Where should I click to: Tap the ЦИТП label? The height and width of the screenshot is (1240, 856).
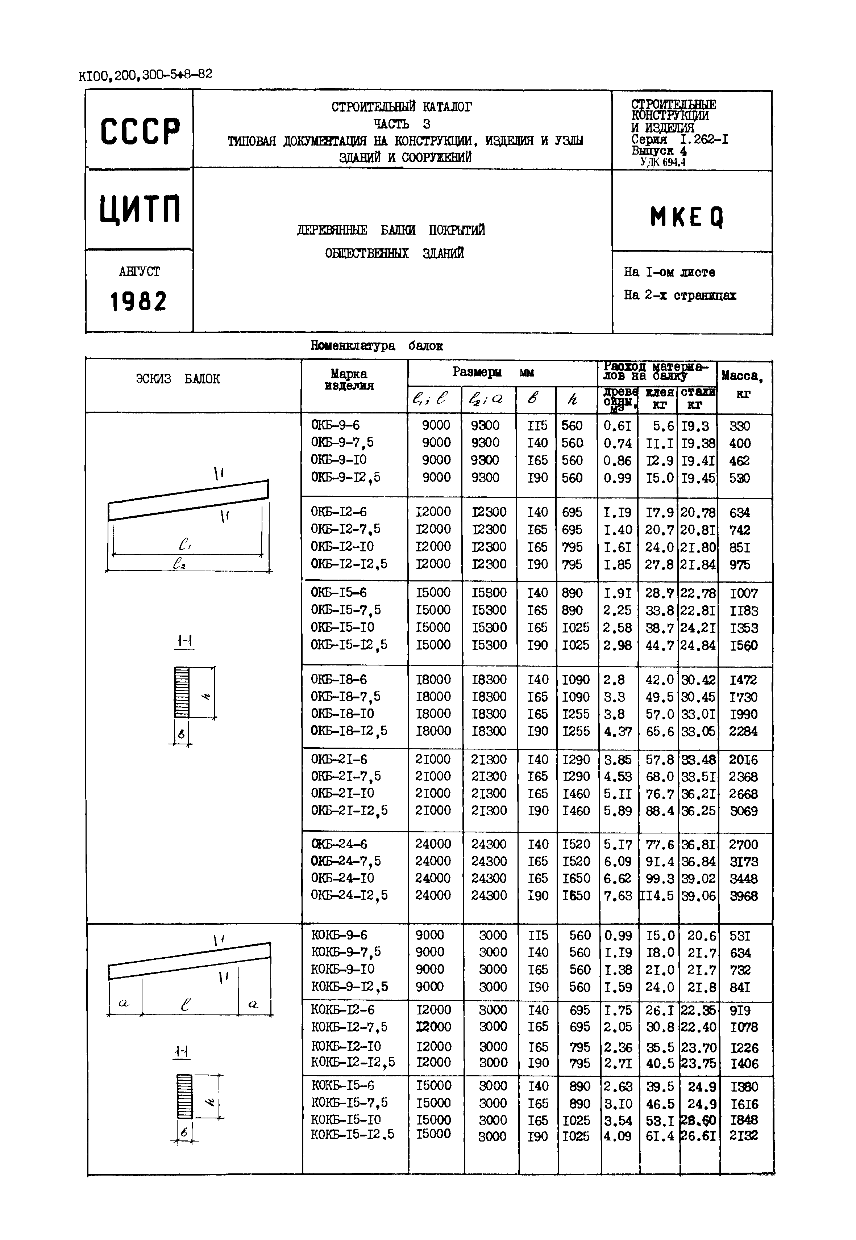[140, 210]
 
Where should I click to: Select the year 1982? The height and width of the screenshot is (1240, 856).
[138, 302]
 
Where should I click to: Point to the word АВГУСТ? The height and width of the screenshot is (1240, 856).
[139, 272]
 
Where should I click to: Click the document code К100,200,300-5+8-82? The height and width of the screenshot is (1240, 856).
[145, 75]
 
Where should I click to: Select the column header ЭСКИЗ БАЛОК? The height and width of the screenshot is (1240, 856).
[178, 379]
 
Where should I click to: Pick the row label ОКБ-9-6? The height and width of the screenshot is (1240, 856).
[335, 425]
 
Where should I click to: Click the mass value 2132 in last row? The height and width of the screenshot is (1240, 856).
[743, 1135]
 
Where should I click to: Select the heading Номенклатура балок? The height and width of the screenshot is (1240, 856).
[377, 346]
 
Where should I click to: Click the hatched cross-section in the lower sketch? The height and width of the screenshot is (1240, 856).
[184, 1096]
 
